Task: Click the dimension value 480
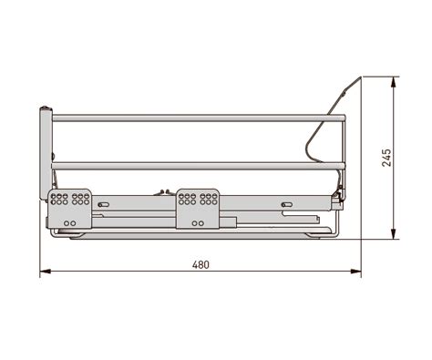[201, 264]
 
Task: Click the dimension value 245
[386, 158]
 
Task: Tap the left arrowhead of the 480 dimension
[46, 271]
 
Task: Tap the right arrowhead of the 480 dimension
[356, 271]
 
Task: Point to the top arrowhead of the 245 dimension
[394, 82]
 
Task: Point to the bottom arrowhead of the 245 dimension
[394, 233]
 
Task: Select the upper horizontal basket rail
[199, 118]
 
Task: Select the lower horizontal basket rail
[199, 166]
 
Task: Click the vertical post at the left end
[46, 153]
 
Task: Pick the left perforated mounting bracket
[70, 209]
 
